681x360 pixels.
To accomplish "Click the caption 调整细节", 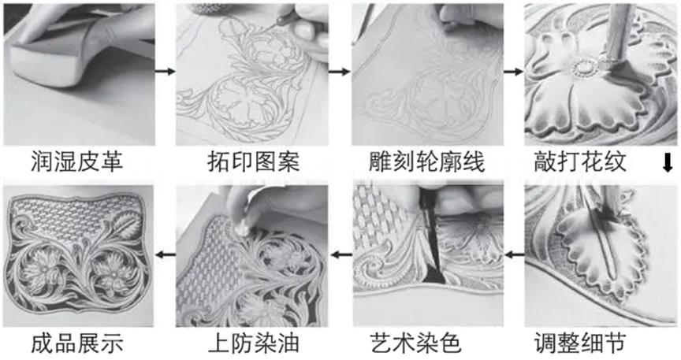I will pos(587,343).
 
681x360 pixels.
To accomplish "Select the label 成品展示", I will pos(76,343).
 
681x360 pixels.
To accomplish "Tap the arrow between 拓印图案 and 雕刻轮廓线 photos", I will pos(339,72).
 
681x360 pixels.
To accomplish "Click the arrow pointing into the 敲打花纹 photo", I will pos(512,72).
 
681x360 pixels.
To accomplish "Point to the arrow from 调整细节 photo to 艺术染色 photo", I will pos(513,254).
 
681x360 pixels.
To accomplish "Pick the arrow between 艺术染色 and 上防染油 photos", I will pos(340,254).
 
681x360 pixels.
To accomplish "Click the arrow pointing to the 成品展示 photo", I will pos(165,254).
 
